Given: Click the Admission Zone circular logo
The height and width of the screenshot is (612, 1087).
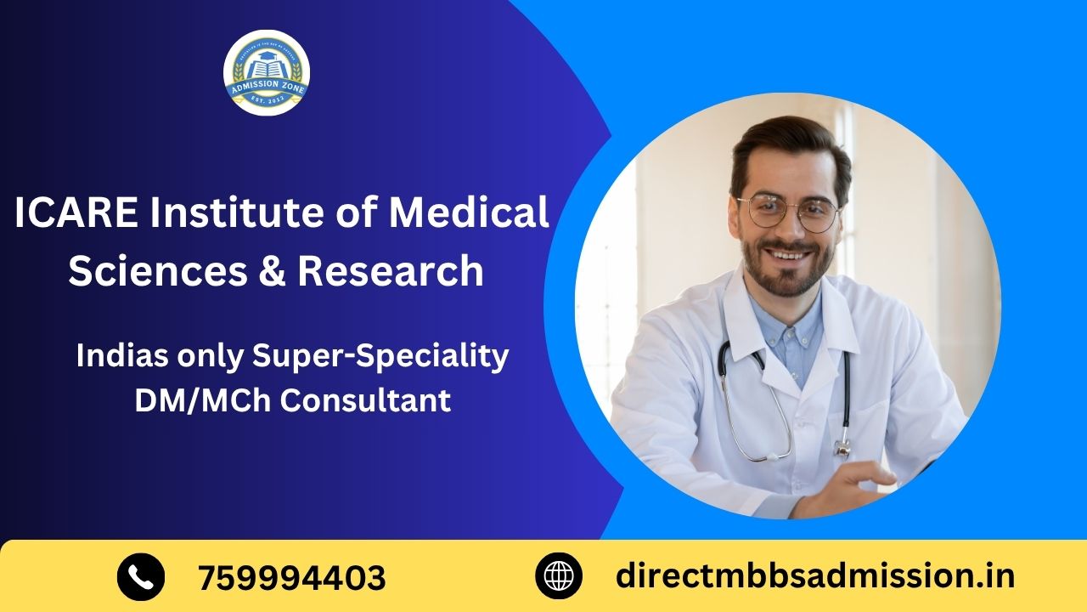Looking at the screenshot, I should coord(267,72).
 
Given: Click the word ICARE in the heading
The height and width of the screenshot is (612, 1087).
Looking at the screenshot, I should coord(75,212).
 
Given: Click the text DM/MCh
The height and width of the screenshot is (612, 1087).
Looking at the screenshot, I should coord(203,399).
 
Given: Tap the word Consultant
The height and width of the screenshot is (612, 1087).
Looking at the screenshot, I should coord(365,399).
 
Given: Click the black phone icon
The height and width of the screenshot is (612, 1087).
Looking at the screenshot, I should coord(140,576).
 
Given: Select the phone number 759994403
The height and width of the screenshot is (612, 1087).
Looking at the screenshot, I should coord(292,578).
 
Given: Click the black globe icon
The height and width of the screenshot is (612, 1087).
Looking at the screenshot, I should coord(559,576).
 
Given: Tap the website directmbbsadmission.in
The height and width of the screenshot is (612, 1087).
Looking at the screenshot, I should coord(815,576).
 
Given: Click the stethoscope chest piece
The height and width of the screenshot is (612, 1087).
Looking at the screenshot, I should coord(842,446).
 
